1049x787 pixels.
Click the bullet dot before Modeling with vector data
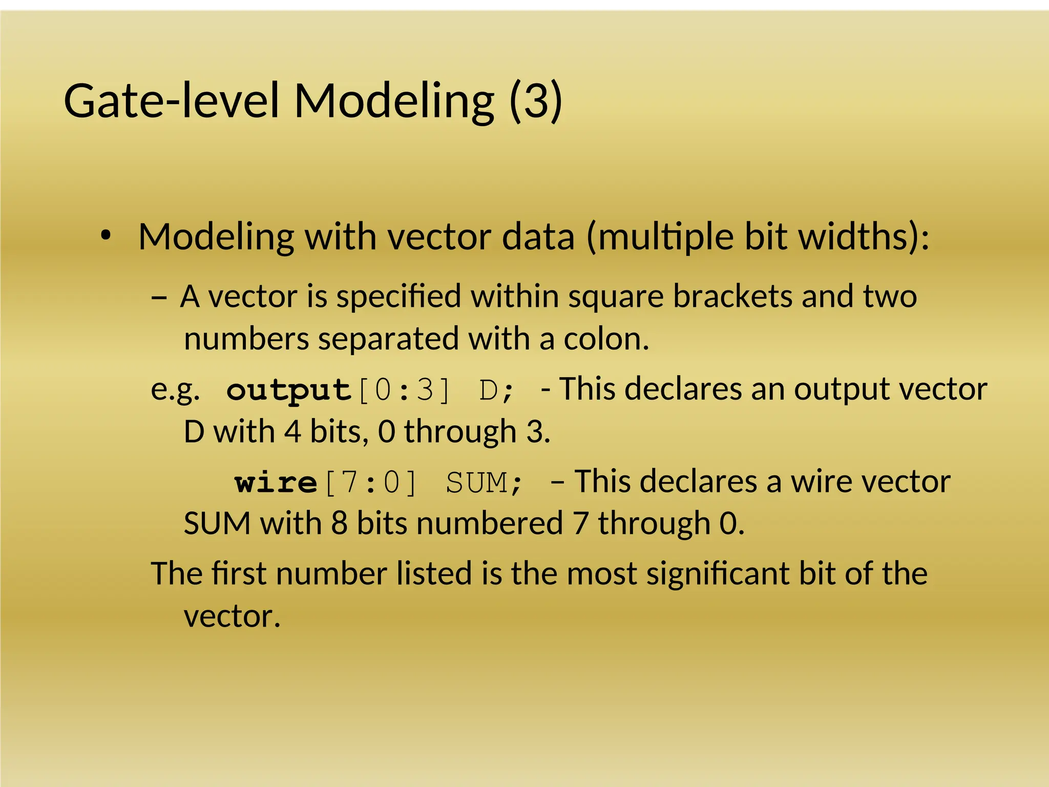106,236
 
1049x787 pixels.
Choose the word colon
606,339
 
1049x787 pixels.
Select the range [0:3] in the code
405,390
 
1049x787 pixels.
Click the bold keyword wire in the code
276,483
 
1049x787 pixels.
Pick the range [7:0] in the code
371,483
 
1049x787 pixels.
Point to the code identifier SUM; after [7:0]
484,483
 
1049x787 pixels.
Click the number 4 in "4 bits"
292,431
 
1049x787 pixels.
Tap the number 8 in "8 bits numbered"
339,524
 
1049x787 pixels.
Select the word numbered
490,524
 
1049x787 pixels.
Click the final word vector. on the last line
232,616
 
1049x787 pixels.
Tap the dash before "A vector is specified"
159,297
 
